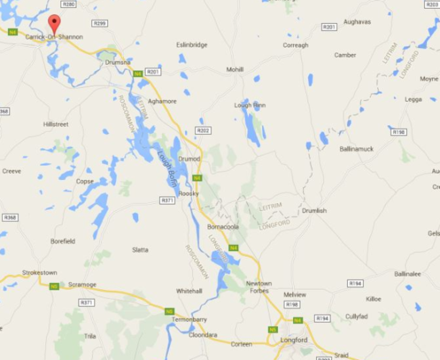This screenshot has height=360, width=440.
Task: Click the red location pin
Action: [54, 22]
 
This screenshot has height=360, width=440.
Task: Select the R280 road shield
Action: [68, 4]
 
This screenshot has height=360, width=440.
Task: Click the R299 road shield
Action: [100, 23]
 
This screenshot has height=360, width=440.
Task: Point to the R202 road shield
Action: [203, 130]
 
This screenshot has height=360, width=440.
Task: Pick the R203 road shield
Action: [431, 4]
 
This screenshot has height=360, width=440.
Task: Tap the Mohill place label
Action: [235, 69]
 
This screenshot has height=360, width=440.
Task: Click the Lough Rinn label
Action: [250, 105]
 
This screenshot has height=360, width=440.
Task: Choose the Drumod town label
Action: [189, 159]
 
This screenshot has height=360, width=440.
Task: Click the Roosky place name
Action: [188, 194]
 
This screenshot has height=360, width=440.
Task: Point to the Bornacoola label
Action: [223, 227]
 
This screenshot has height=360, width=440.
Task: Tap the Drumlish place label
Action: [314, 210]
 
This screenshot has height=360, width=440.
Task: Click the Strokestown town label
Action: [40, 273]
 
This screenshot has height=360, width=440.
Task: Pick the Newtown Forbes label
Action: [259, 288]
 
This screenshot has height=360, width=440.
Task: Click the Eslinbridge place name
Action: [192, 45]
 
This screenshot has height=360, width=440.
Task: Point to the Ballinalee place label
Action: [408, 274]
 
